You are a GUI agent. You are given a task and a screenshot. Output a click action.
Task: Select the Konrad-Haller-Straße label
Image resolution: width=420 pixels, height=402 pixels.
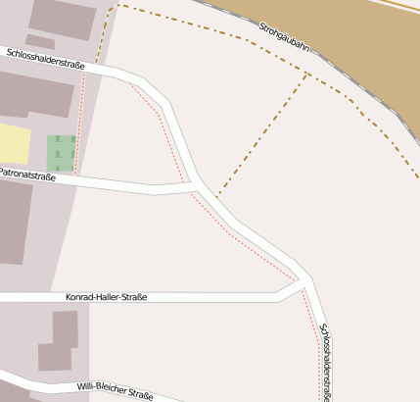106,296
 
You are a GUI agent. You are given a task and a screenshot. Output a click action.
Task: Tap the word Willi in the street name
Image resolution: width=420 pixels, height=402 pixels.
88,388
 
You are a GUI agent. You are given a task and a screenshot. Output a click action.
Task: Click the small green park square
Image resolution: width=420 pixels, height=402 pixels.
61,152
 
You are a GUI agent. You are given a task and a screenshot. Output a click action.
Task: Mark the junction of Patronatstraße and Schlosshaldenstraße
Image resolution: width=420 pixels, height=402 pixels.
196,185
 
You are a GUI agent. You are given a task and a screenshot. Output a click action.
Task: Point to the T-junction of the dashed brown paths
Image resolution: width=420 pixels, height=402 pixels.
308,75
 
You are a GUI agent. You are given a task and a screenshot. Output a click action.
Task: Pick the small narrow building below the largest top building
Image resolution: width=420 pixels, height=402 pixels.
40,41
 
